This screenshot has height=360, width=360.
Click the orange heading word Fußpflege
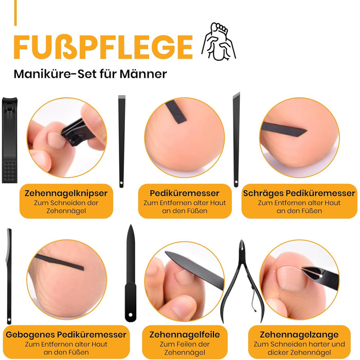[x=103, y=47]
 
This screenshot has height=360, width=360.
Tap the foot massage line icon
[x=219, y=41]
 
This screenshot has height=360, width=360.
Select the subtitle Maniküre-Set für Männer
[x=90, y=74]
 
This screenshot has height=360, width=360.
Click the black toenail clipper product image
[x=10, y=140]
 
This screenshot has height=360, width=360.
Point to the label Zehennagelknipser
[x=66, y=193]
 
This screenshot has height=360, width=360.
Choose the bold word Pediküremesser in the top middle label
[x=185, y=193]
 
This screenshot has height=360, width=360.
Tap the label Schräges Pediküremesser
[x=299, y=193]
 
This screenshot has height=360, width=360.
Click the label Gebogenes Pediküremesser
[x=66, y=334]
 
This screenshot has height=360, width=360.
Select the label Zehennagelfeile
[x=185, y=334]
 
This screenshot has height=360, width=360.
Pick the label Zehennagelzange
[x=299, y=334]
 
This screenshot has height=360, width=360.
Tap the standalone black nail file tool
[x=131, y=273]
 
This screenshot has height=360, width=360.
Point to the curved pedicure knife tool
[x=9, y=276]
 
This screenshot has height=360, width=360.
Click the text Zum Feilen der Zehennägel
[x=185, y=348]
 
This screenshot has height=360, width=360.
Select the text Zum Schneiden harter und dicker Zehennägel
[x=299, y=348]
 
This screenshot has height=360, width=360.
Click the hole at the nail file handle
[x=131, y=315]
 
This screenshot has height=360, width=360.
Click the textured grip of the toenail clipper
[x=10, y=171]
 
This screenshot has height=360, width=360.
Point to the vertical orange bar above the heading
[x=15, y=13]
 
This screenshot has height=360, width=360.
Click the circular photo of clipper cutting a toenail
[x=67, y=137]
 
